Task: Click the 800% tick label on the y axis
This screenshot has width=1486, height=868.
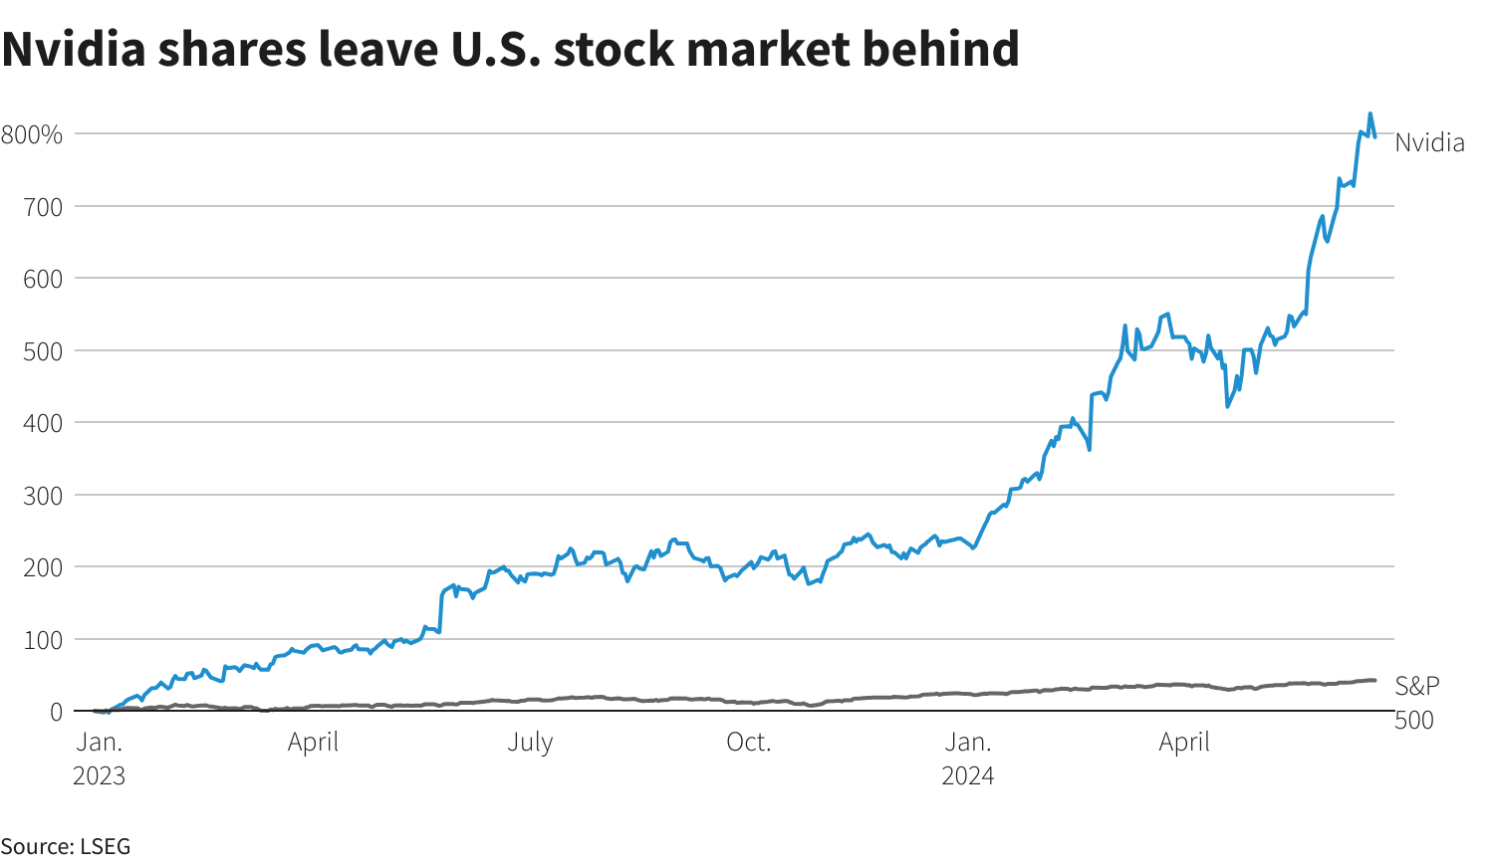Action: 32,134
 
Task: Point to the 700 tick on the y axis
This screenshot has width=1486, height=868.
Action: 43,207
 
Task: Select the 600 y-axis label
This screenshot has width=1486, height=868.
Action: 43,279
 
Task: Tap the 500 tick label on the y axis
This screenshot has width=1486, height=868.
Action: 43,351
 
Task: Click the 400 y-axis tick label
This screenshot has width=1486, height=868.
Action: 43,423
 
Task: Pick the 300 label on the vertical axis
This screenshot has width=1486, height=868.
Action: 43,496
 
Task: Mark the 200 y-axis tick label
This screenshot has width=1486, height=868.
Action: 43,567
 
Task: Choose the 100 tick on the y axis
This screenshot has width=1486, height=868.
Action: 43,640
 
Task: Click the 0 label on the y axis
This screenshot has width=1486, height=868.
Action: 56,712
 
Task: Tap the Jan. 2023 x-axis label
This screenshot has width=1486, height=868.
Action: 100,759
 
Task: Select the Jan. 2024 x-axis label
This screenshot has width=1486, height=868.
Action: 968,759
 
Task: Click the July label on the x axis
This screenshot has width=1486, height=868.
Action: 530,743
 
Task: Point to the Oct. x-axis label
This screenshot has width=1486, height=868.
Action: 749,743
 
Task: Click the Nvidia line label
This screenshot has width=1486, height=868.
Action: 1429,143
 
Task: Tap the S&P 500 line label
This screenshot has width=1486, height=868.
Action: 1416,702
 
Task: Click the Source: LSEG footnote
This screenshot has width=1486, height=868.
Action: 66,847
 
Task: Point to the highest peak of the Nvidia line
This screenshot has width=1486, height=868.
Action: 1370,113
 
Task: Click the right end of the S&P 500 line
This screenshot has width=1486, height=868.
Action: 1375,680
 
